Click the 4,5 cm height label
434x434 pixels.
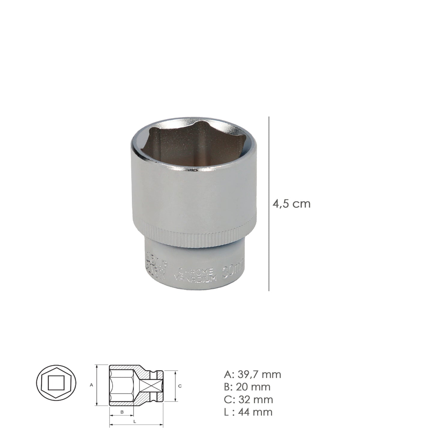coord(291,204)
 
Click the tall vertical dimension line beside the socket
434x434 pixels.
coord(269,204)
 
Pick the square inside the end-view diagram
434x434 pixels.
coord(56,382)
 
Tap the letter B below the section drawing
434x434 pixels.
coord(122,412)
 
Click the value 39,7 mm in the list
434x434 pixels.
coord(259,375)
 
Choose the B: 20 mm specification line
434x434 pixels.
coord(247,387)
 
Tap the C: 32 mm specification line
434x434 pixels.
coord(248,399)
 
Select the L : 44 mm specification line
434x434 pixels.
coord(248,412)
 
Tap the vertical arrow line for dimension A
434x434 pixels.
coord(96,385)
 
